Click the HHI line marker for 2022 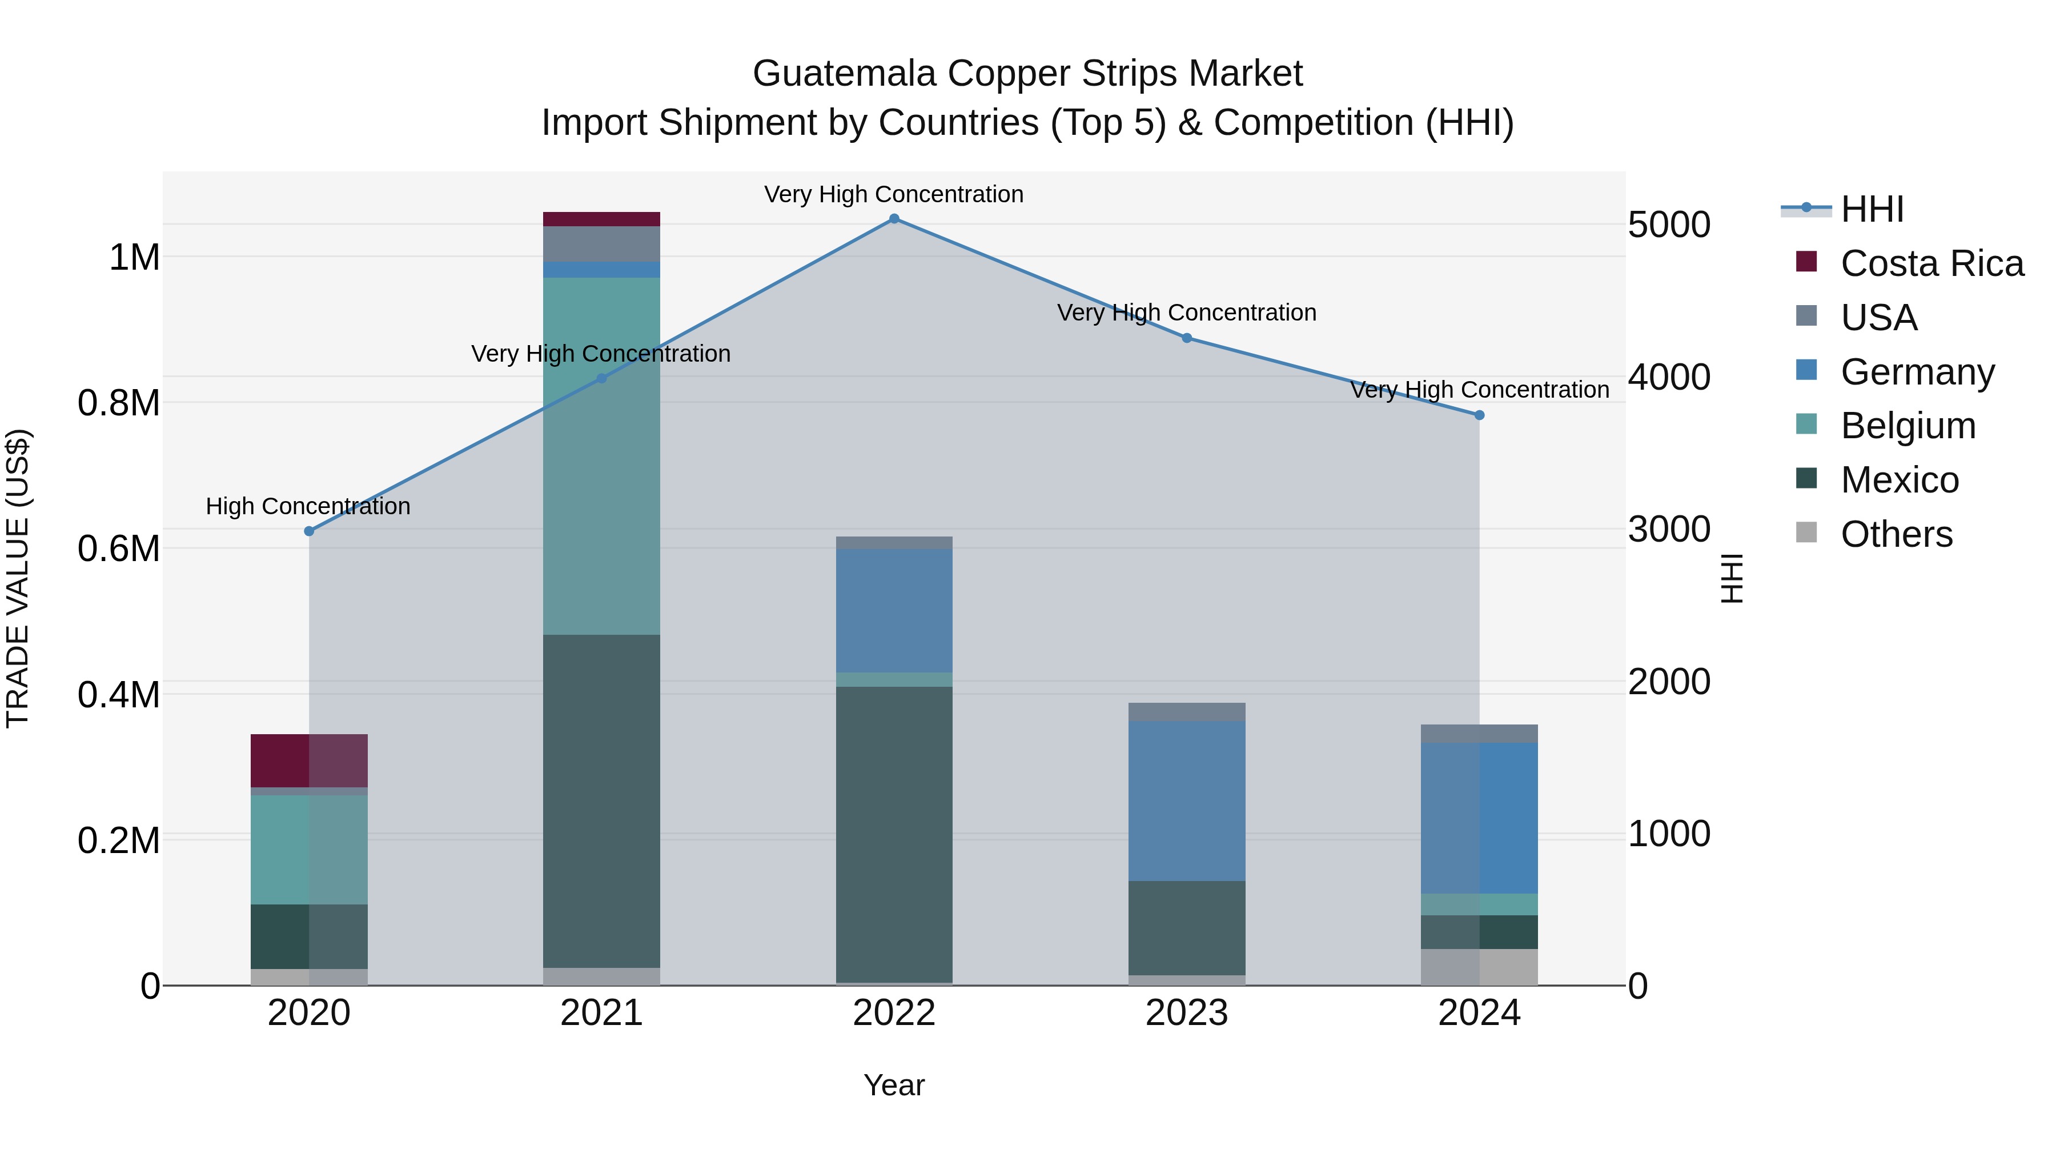point(894,219)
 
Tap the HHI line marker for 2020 point(309,531)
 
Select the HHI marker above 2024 point(1479,415)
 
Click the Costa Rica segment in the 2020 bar point(309,760)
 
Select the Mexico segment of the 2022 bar point(894,834)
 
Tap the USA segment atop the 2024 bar point(1479,733)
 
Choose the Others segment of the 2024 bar point(1479,966)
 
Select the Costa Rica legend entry point(1931,263)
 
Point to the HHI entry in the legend point(1872,209)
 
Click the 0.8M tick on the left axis point(118,403)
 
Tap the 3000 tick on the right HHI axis point(1668,530)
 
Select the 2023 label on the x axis point(1187,1013)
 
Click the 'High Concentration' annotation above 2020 point(308,506)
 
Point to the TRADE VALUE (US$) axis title point(18,578)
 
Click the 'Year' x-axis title point(894,1085)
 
